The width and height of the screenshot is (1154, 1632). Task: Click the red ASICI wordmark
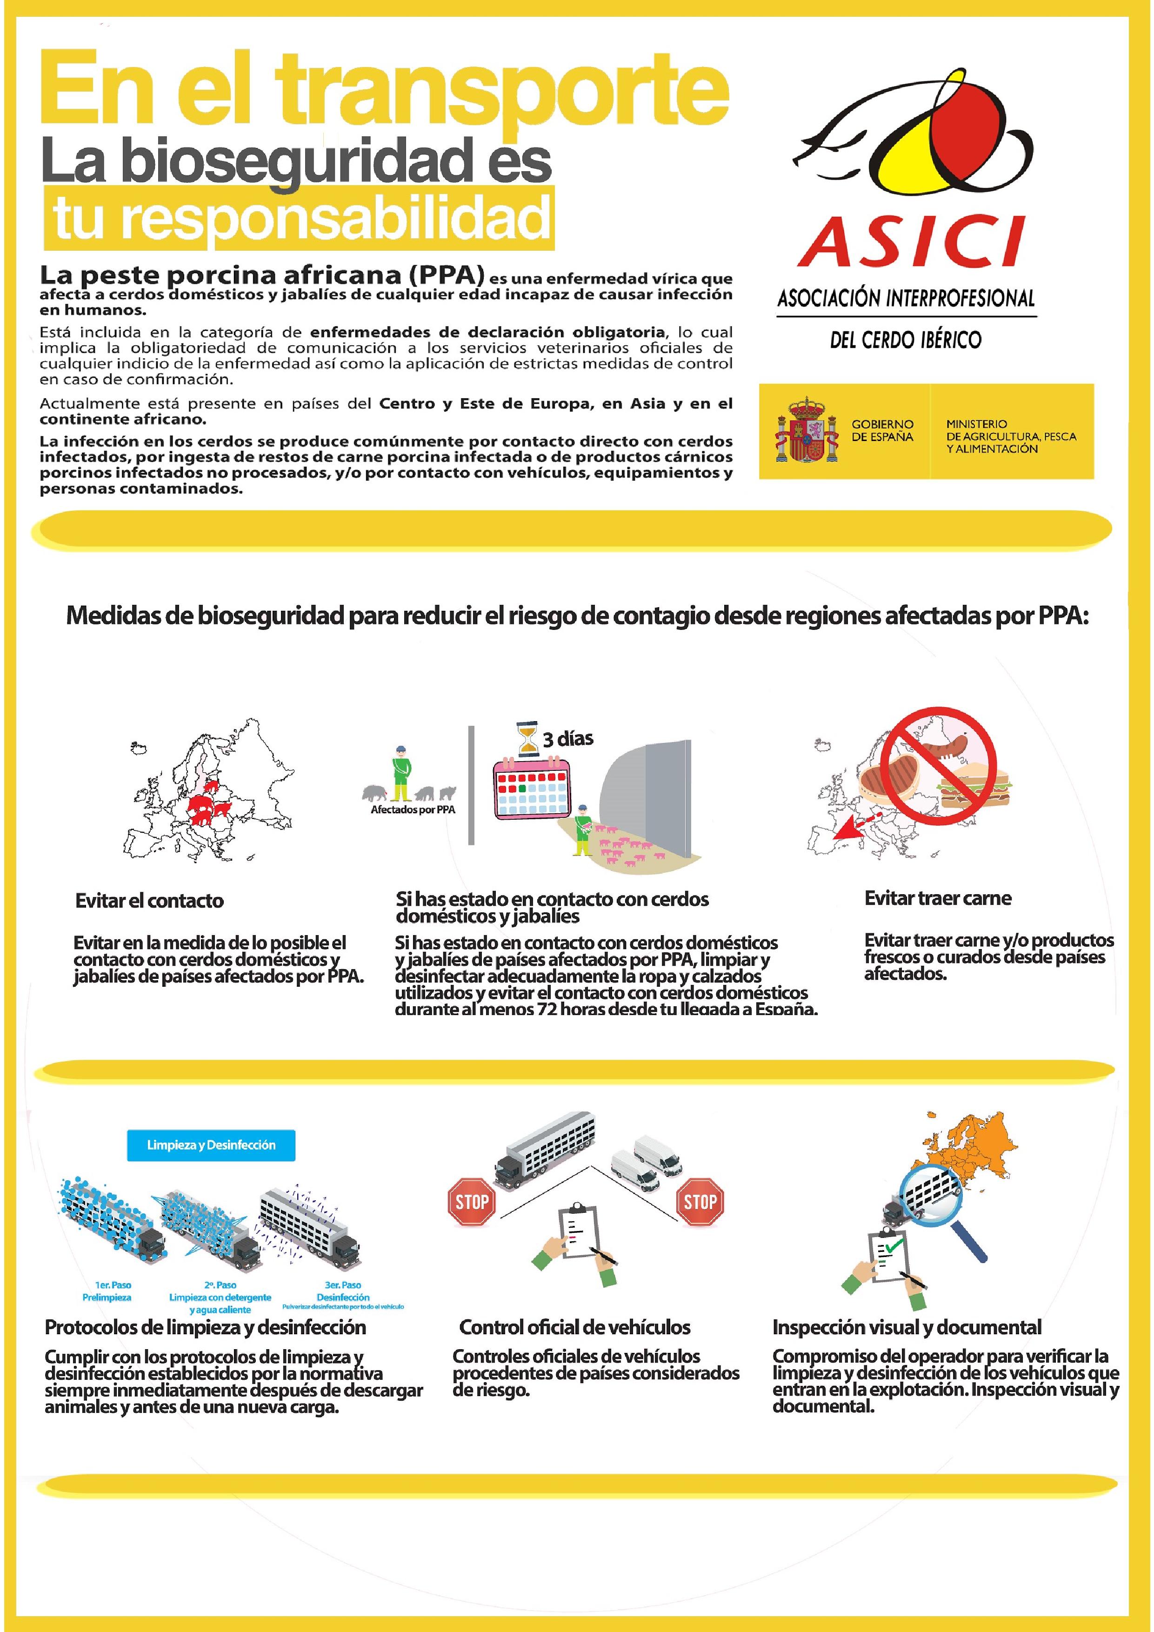(x=912, y=241)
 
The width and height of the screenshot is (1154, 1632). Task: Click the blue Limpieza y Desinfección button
(x=211, y=1145)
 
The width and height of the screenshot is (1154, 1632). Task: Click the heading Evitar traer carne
(x=937, y=898)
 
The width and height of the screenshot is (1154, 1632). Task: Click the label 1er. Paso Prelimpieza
(x=113, y=1291)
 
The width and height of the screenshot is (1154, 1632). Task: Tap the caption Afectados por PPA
(x=413, y=809)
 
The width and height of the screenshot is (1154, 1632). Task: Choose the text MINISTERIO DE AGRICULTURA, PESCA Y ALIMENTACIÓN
(x=1010, y=436)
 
